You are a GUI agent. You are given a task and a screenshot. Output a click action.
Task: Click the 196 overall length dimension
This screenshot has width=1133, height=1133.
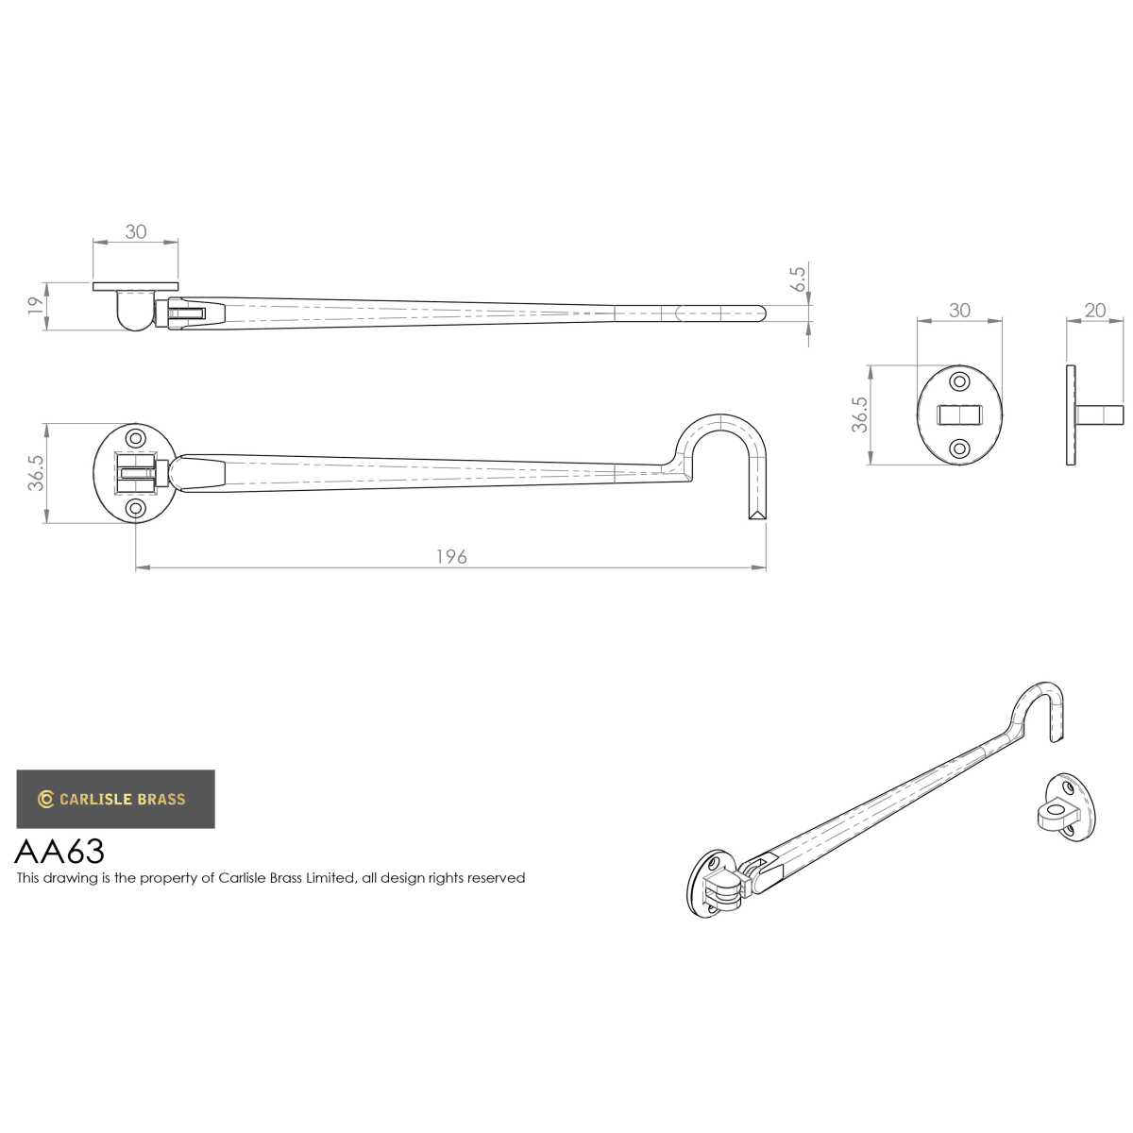(451, 556)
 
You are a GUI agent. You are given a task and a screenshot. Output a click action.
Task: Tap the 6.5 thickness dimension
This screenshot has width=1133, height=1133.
(798, 279)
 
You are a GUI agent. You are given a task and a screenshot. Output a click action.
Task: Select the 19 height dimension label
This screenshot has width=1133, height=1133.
(35, 305)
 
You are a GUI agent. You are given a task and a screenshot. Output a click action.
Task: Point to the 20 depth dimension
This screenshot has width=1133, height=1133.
(1095, 310)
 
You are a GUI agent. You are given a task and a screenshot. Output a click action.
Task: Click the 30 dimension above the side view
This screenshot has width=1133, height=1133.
(135, 231)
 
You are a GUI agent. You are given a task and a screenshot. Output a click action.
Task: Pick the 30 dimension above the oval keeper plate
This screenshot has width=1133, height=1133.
(959, 311)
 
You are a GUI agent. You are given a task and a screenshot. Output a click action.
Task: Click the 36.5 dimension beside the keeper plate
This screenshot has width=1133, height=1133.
(859, 414)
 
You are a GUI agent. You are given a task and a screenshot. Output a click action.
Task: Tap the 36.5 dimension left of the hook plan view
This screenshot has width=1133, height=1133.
(35, 473)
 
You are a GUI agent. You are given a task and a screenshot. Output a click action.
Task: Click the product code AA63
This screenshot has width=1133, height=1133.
(59, 851)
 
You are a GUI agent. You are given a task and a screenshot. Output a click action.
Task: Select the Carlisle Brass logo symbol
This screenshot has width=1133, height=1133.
(45, 799)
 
